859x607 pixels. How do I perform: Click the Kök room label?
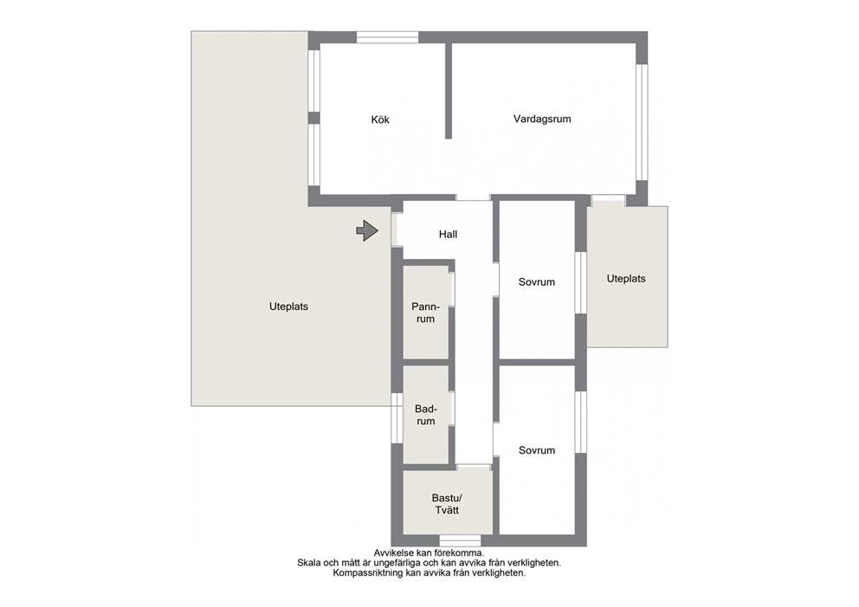point(380,119)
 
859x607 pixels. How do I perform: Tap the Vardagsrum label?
point(542,119)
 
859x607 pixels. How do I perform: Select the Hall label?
point(448,235)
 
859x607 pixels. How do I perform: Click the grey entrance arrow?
point(367,230)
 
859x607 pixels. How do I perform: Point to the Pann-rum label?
point(426,313)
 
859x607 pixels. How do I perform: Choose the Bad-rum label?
point(426,416)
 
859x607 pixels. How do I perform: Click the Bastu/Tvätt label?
point(447,504)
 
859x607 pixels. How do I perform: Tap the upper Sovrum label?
point(536,282)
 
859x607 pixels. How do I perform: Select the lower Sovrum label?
point(536,450)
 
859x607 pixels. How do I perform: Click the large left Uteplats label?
point(288,307)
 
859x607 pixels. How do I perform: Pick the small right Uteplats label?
point(625,279)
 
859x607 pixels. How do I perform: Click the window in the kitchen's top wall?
point(388,37)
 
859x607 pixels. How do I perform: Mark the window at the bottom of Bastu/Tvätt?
point(460,540)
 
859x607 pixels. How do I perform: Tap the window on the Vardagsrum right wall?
point(642,123)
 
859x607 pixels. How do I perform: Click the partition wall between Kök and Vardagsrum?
point(449,91)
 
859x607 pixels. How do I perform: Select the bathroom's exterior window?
point(397,418)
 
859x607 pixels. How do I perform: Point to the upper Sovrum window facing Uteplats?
point(581,282)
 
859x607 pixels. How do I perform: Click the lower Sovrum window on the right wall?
point(581,423)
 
